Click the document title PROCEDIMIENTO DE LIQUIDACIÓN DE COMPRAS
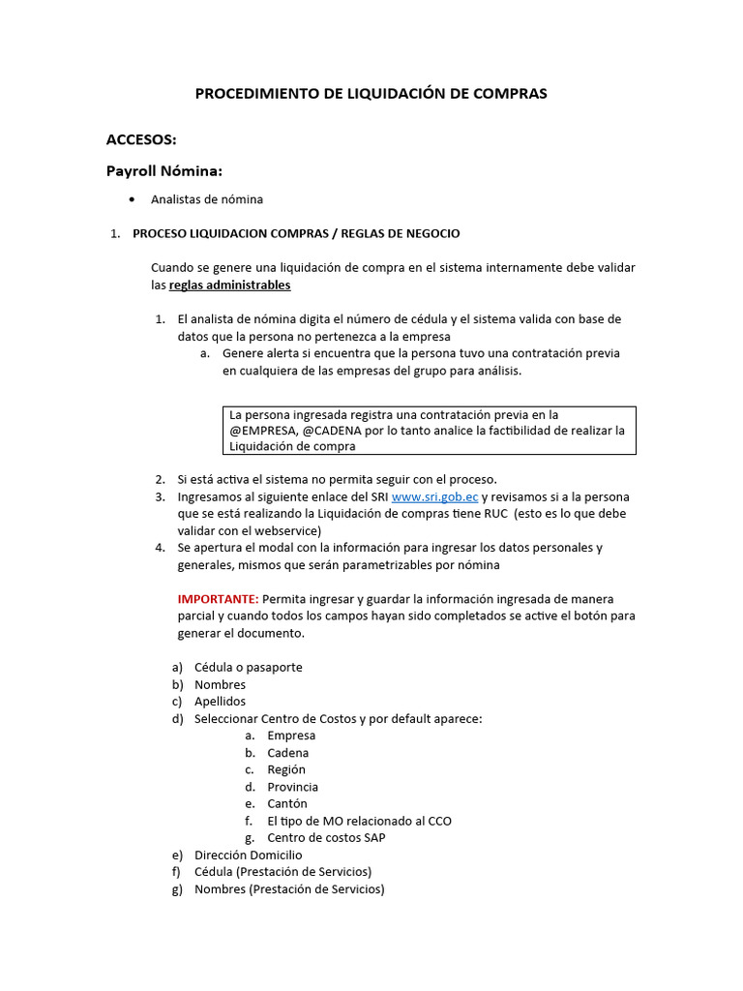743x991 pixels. pos(371,94)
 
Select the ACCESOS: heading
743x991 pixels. pos(141,139)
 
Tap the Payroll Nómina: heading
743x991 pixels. pos(164,171)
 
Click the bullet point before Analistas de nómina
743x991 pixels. pos(131,199)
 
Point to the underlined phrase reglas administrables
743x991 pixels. pos(229,285)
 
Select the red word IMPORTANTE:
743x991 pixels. pos(218,599)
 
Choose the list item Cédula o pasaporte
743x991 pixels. pos(248,668)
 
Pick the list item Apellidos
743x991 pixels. pos(220,702)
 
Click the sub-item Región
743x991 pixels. pos(286,769)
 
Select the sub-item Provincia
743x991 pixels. pos(292,787)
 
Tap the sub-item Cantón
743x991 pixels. pos(287,804)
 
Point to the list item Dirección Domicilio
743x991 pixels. pos(248,856)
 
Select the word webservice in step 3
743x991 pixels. pos(288,530)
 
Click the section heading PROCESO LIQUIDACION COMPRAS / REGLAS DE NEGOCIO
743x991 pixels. pos(296,233)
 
